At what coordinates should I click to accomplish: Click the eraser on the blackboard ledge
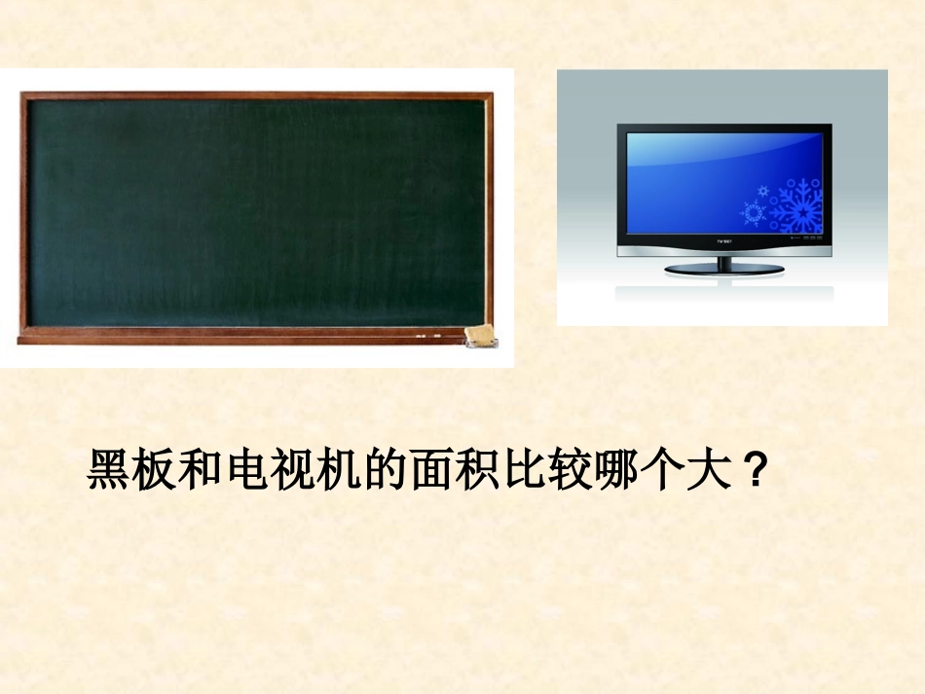coord(478,334)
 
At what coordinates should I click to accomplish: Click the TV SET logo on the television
coord(723,238)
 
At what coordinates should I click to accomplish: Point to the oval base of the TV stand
coord(723,268)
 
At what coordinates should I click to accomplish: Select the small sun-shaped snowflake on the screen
coord(752,212)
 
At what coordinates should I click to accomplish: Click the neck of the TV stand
coord(723,260)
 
